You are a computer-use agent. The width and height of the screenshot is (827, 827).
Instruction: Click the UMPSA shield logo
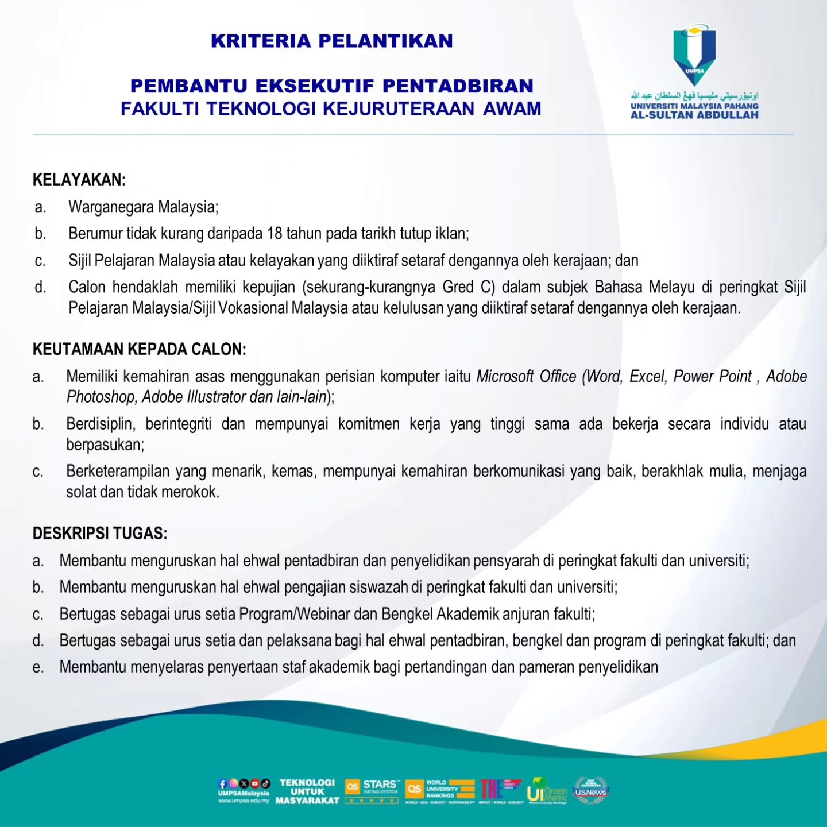point(694,55)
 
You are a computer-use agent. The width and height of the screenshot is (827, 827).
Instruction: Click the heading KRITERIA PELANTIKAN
point(332,41)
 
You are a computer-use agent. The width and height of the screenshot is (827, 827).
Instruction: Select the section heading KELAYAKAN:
point(79,180)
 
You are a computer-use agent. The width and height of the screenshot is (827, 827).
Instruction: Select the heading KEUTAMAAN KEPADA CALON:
point(139,349)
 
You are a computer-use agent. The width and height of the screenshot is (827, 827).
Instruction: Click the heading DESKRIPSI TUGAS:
point(100,534)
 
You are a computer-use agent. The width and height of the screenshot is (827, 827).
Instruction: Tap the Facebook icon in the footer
point(223,783)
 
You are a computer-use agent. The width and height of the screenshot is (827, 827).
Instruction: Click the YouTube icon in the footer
point(254,783)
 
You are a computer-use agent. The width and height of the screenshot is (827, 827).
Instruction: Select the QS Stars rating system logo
point(372,791)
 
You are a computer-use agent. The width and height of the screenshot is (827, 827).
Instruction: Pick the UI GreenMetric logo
point(547,790)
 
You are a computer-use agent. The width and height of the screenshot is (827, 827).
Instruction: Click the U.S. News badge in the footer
point(591,791)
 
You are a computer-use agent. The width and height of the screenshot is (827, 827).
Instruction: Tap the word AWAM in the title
point(512,109)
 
